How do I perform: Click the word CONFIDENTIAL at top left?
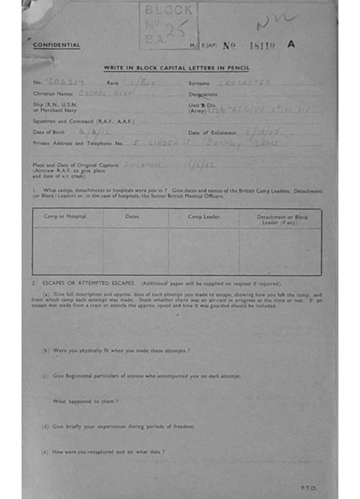57,45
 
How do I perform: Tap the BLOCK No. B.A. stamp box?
169,26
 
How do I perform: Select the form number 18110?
262,45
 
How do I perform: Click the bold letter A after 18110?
291,44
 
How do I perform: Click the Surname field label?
199,83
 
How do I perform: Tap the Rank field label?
113,83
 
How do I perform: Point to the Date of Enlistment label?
212,133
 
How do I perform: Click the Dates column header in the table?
133,216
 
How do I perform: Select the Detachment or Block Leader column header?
282,219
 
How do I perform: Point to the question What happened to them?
85,401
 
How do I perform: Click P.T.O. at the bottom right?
308,488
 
